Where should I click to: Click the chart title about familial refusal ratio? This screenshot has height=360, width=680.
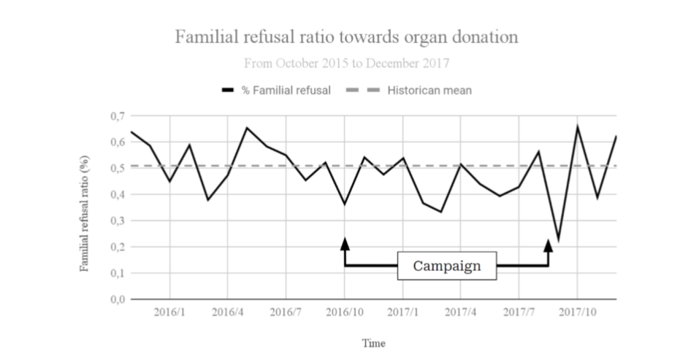point(345,37)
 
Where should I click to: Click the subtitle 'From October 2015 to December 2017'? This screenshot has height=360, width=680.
point(345,64)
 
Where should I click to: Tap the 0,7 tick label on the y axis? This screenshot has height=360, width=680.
point(116,116)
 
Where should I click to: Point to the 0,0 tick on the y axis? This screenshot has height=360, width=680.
point(116,299)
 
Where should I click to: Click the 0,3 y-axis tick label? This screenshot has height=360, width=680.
point(116,221)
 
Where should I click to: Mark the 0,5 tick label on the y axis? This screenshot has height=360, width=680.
point(116,168)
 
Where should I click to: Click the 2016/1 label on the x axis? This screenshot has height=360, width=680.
point(169,312)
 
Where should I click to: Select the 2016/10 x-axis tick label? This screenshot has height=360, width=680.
point(345,312)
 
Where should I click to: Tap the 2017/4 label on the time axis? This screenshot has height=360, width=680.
point(461,312)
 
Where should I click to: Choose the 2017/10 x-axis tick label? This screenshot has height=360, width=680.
point(577,312)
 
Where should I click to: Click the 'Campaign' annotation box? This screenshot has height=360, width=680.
point(447,266)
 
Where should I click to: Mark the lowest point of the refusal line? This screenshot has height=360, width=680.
point(559,240)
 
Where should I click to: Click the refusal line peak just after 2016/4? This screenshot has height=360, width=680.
point(247,128)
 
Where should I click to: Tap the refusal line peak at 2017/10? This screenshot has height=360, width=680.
point(578,127)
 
